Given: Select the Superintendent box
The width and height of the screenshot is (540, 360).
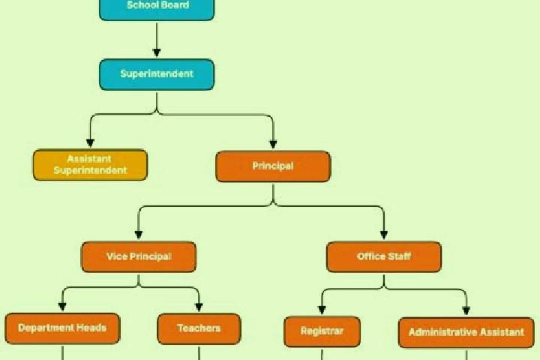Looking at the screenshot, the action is [157, 74].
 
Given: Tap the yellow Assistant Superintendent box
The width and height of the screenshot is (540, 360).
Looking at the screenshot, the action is [90, 165].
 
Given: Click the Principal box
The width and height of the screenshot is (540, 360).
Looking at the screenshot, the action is [273, 166].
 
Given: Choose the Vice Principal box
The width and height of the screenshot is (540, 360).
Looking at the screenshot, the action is [139, 257].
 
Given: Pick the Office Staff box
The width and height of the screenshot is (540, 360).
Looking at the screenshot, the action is [384, 257].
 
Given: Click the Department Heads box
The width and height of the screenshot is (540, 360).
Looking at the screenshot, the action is [62, 328].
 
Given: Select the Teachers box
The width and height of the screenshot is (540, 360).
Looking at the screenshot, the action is [199, 328].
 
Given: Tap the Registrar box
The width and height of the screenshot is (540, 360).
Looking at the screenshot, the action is [322, 331].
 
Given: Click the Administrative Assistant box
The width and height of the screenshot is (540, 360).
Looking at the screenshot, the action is [466, 332].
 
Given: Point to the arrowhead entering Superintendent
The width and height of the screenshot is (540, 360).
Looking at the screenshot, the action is [157, 52].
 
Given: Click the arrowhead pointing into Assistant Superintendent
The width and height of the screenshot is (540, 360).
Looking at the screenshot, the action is [90, 143].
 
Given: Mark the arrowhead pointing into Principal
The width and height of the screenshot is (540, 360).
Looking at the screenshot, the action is [273, 144].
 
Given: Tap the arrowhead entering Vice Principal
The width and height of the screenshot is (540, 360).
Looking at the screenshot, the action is [139, 235].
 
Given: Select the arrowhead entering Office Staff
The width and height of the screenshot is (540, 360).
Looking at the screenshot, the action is [384, 235].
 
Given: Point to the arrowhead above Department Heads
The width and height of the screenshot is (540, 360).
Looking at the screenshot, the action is [62, 307].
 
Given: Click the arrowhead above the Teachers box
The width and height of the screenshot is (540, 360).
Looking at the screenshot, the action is [199, 307].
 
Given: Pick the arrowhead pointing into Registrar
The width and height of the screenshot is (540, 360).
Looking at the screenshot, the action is [322, 310].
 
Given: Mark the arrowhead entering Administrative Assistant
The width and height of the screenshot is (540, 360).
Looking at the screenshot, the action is [466, 310].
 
